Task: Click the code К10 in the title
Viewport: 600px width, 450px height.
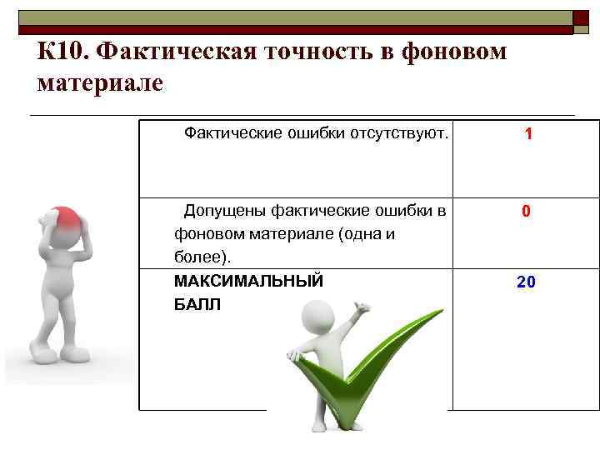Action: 62,52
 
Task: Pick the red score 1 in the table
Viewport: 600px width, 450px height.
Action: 528,134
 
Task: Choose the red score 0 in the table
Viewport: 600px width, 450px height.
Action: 526,212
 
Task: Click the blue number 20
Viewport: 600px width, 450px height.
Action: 526,283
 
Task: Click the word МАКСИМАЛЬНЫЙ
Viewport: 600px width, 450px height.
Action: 248,281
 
